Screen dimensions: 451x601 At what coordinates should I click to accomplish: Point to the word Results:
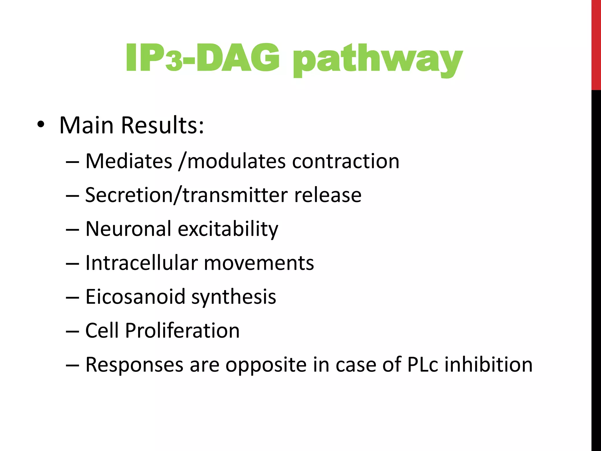click(162, 125)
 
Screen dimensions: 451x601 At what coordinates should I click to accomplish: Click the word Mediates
click(129, 161)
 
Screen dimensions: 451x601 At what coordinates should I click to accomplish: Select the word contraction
click(346, 161)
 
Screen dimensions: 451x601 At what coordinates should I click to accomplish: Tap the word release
click(328, 195)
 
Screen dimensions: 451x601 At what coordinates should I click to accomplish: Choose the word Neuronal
click(128, 229)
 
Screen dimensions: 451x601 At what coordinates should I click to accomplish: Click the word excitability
click(228, 229)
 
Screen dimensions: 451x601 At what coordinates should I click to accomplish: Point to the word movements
click(259, 263)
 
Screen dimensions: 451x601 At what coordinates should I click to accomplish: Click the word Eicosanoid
click(135, 297)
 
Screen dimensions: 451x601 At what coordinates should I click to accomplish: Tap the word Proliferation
click(182, 331)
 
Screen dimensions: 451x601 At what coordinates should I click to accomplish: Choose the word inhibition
click(488, 364)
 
